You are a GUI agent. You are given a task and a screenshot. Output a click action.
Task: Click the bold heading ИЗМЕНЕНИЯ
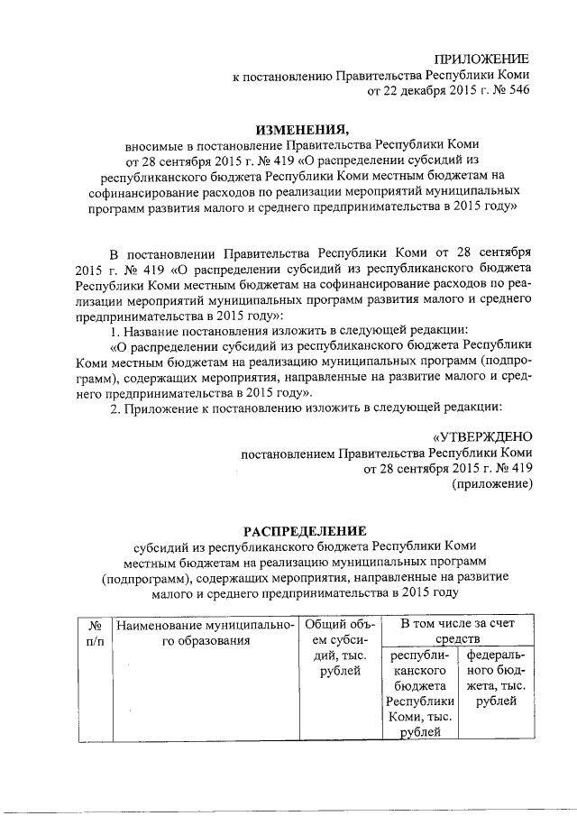click(302, 128)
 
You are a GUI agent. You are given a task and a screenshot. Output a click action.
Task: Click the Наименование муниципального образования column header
click(206, 632)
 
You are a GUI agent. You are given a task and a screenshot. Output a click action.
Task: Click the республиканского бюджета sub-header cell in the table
click(419, 694)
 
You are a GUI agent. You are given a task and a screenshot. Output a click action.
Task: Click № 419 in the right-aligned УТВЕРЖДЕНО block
click(509, 469)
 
